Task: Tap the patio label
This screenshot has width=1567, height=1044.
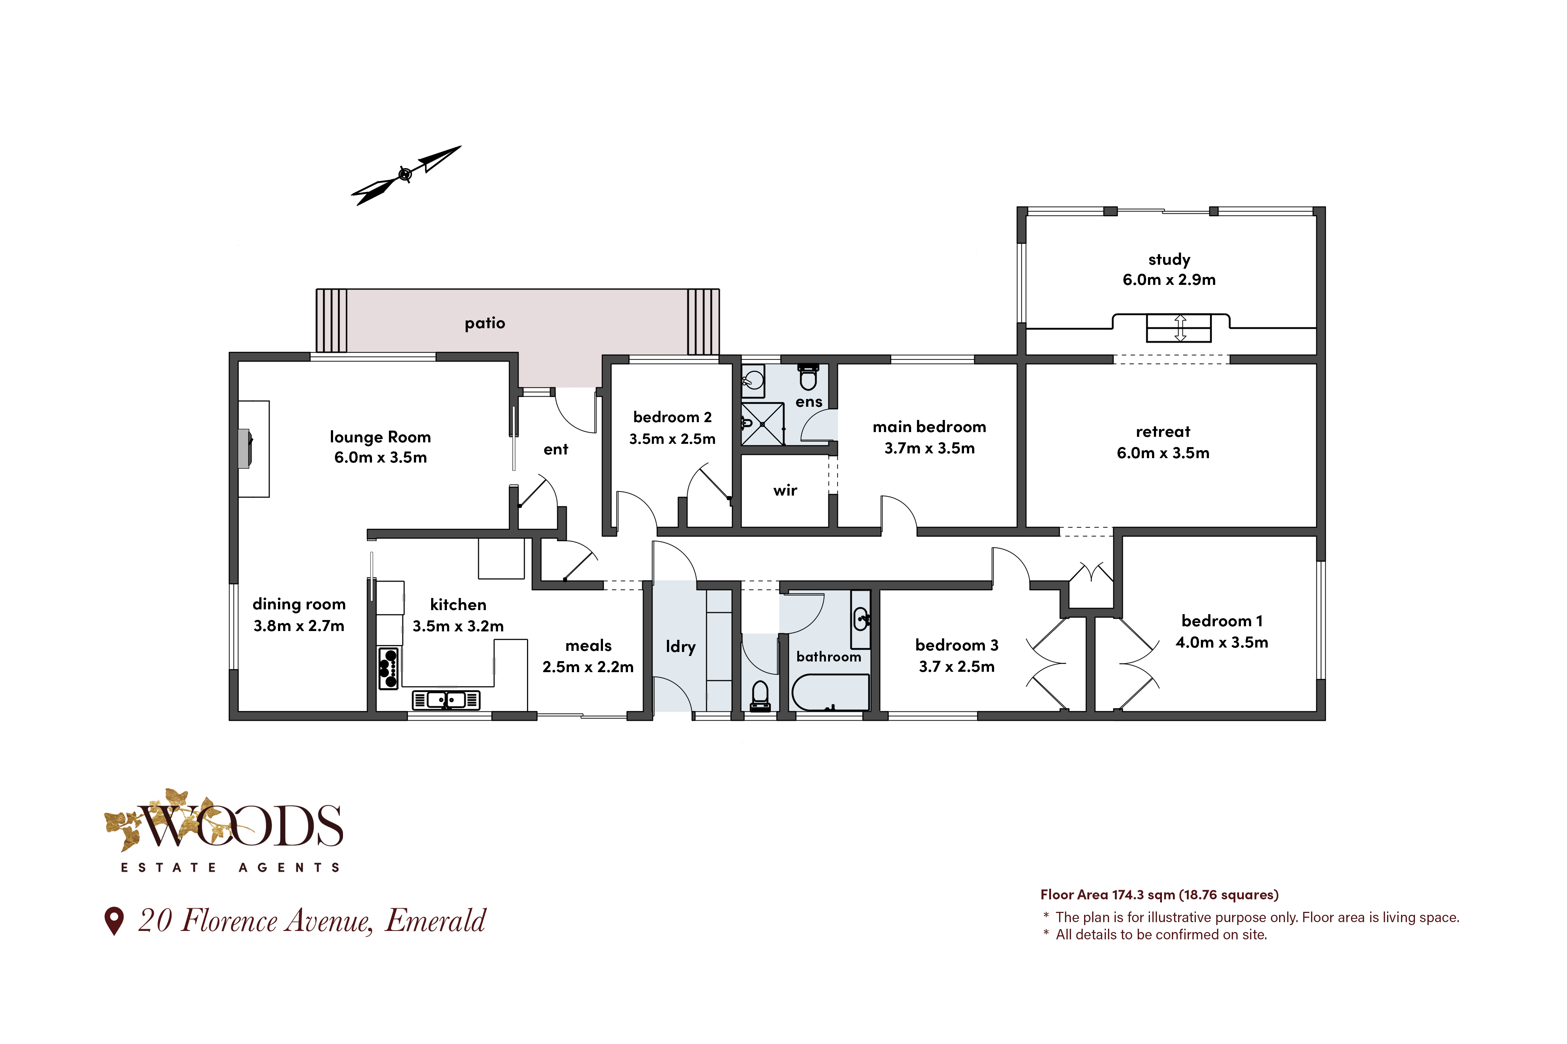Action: (485, 323)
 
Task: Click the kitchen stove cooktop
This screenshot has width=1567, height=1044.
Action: (389, 668)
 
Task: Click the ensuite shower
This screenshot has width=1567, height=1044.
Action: (762, 424)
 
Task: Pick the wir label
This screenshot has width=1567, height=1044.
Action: (785, 491)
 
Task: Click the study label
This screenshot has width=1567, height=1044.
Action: (1169, 260)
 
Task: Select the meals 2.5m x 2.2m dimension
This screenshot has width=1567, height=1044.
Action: (588, 667)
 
